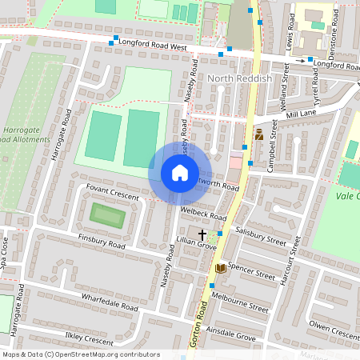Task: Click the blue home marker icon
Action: (x=179, y=173)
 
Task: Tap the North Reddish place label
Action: (x=239, y=80)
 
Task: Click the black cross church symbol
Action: (x=202, y=234)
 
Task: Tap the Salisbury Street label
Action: (x=261, y=235)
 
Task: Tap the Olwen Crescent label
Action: (x=334, y=330)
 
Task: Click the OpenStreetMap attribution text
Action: (x=80, y=354)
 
